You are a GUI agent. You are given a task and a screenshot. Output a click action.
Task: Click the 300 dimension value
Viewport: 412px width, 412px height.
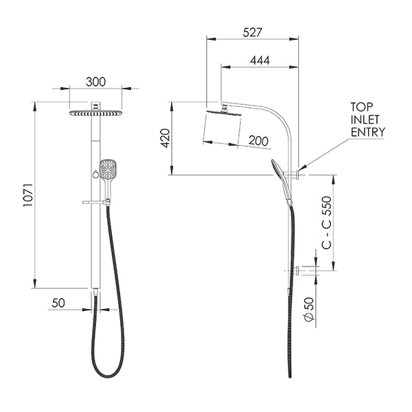pos(96,82)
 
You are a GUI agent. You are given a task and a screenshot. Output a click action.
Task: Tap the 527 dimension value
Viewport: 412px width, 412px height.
pos(252,32)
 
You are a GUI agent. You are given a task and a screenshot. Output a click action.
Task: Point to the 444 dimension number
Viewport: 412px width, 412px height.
pos(260,60)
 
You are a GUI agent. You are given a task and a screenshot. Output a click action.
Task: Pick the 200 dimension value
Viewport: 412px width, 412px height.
pos(258,141)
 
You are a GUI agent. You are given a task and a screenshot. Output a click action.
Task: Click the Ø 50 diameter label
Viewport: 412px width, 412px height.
pos(309,310)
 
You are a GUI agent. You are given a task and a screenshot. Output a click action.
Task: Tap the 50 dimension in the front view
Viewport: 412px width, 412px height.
pos(58,303)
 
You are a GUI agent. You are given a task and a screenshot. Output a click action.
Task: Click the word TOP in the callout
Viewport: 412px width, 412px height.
pos(362,107)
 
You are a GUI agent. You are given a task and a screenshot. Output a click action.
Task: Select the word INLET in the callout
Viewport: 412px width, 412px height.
pos(365,119)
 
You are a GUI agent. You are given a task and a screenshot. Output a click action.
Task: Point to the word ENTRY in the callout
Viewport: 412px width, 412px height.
pos(367,132)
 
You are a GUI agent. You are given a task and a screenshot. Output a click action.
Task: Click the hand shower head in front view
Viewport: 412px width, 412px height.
pos(108,168)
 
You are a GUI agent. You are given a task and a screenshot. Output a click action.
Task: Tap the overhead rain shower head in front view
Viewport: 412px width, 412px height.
pos(95,112)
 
